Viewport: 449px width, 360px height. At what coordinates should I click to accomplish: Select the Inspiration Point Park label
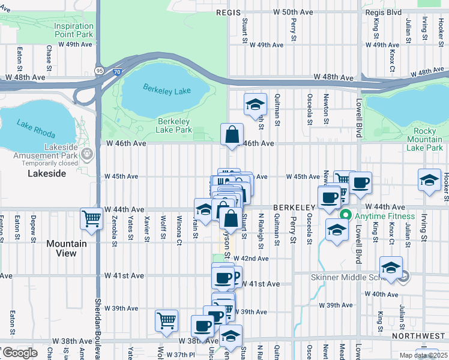(74, 30)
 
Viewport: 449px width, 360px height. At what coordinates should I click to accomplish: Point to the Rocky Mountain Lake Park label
(424, 139)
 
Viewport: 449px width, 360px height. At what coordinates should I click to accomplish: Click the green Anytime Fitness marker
(345, 216)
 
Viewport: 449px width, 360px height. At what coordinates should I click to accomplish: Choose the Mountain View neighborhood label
(66, 248)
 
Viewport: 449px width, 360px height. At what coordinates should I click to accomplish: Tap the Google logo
(19, 353)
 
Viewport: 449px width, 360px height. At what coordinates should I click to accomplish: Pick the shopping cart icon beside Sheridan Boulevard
(91, 218)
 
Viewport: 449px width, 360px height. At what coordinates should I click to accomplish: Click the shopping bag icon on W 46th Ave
(232, 135)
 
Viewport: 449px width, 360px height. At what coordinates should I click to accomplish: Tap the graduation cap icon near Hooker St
(429, 181)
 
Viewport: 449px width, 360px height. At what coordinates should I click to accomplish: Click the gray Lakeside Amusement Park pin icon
(89, 154)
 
